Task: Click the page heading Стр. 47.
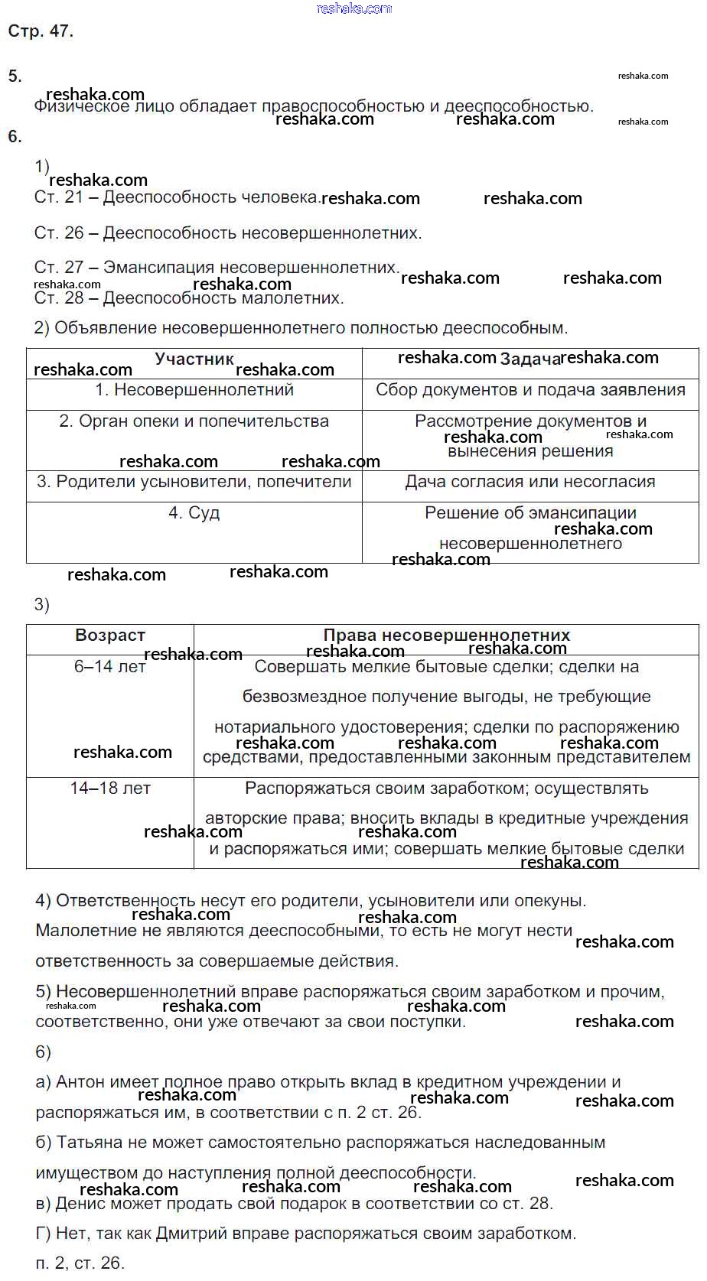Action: (41, 31)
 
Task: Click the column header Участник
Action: (194, 359)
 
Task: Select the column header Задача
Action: (529, 359)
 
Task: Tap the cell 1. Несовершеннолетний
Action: (194, 390)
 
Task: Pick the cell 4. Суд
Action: (194, 513)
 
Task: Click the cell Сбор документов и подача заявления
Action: (529, 390)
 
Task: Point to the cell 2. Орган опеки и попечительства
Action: (194, 421)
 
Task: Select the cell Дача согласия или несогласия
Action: (529, 482)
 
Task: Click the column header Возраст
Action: (110, 636)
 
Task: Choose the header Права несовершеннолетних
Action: (446, 636)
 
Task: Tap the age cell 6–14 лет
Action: (110, 667)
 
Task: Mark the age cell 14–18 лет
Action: (110, 788)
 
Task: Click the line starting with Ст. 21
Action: (176, 197)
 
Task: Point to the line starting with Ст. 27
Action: (217, 268)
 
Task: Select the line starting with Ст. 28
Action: (189, 298)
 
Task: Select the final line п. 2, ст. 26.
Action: (80, 1263)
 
